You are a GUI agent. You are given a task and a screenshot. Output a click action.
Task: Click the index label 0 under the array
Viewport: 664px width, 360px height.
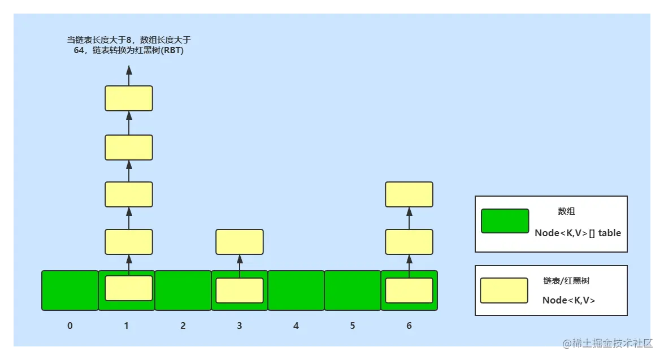coord(70,326)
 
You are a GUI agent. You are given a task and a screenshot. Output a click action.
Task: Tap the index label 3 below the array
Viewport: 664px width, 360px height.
coord(240,326)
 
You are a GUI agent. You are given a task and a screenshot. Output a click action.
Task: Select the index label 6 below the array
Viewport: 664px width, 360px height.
coord(409,326)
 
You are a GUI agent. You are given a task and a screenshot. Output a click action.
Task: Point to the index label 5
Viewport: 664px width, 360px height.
coord(353,326)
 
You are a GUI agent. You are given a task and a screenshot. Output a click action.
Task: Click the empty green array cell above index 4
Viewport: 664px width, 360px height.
coord(296,290)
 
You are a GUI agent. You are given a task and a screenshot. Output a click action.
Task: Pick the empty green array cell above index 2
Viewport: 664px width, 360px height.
coord(183,290)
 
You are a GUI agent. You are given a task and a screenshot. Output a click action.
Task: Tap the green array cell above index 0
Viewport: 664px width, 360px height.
coord(70,290)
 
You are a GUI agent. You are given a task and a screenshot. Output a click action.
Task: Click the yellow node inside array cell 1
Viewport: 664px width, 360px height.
coord(129,288)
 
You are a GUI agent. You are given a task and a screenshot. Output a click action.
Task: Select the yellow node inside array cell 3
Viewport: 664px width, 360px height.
coord(240,290)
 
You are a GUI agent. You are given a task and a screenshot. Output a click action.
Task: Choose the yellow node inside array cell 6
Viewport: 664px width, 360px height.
coord(409,290)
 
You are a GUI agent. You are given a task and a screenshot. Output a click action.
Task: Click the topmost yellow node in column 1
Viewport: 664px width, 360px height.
coord(129,98)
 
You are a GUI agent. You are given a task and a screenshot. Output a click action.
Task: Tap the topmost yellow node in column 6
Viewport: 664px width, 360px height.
coord(409,194)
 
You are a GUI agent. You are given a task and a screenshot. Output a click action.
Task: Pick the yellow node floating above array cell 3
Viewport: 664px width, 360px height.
coord(240,242)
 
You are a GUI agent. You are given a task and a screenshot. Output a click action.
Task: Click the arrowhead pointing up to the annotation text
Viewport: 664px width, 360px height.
coord(129,71)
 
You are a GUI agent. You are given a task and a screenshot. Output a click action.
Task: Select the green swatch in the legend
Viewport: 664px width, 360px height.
coord(505,221)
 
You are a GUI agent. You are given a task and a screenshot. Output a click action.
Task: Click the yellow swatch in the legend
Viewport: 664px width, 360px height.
coord(504,290)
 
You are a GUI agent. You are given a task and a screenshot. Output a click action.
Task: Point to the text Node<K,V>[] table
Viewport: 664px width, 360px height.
coord(578,233)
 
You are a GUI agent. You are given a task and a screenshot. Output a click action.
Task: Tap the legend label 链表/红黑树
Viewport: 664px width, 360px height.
coord(566,280)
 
